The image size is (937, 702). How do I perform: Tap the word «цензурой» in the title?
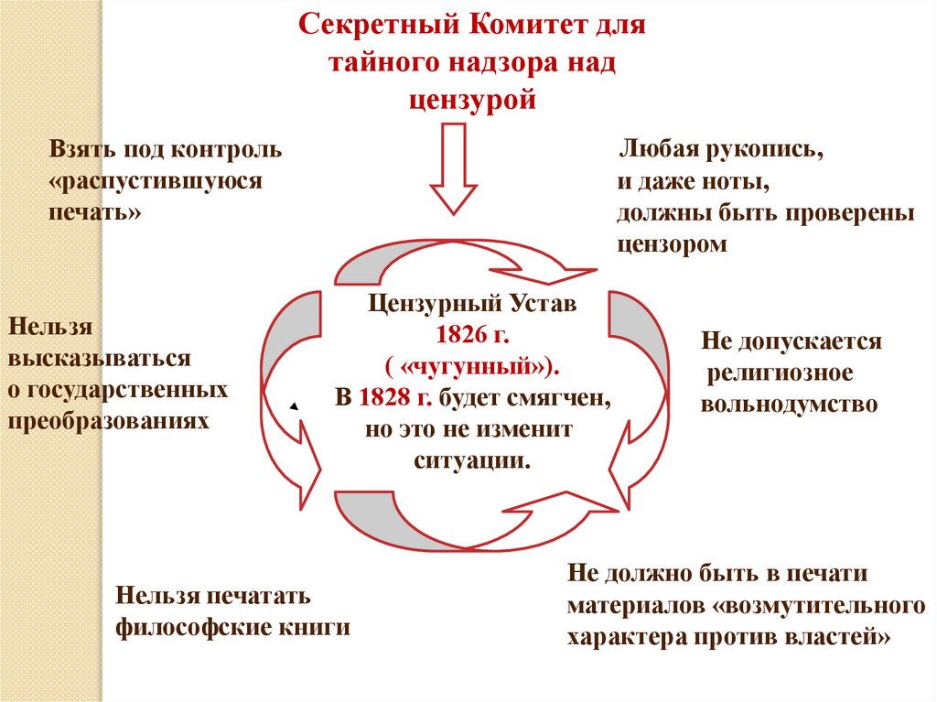(x=471, y=100)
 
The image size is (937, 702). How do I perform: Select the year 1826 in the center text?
(x=463, y=334)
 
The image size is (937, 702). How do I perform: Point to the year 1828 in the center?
(x=382, y=398)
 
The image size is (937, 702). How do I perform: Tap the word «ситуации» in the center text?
(x=471, y=460)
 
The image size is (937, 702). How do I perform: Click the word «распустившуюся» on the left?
(x=158, y=180)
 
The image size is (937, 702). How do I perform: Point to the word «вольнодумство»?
(x=790, y=404)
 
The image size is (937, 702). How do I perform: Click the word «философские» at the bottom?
(x=190, y=628)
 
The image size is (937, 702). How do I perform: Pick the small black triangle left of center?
(x=295, y=405)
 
